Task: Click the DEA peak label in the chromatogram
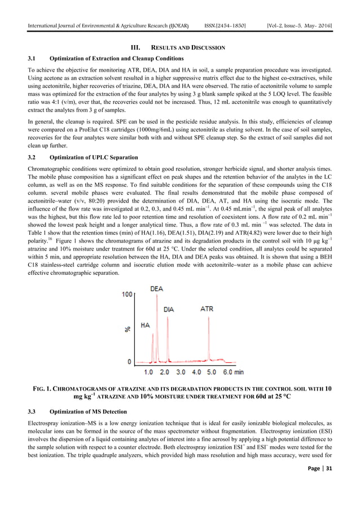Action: point(156,289)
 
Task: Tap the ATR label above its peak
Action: point(207,309)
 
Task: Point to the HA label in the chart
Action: point(144,326)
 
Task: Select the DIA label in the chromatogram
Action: point(169,310)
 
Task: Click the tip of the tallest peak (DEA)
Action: point(154,296)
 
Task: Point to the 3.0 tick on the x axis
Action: point(181,372)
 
